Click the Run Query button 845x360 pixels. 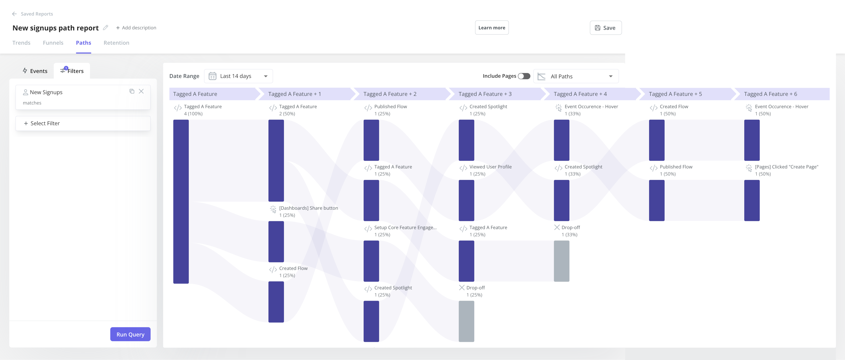point(130,334)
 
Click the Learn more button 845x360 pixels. point(491,28)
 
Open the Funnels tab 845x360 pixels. point(53,43)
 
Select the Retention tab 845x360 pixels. point(116,43)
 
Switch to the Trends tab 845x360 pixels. point(21,43)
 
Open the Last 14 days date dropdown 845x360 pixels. point(239,76)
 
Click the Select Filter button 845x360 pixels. point(83,123)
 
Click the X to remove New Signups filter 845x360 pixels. point(141,91)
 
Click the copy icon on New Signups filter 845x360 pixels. point(132,91)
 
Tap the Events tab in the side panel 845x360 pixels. point(35,71)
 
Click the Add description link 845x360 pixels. point(136,28)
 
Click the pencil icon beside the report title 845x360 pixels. point(105,28)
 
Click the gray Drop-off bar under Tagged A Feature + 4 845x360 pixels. point(561,261)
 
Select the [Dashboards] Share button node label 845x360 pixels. point(308,208)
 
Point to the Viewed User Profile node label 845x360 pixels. point(490,167)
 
